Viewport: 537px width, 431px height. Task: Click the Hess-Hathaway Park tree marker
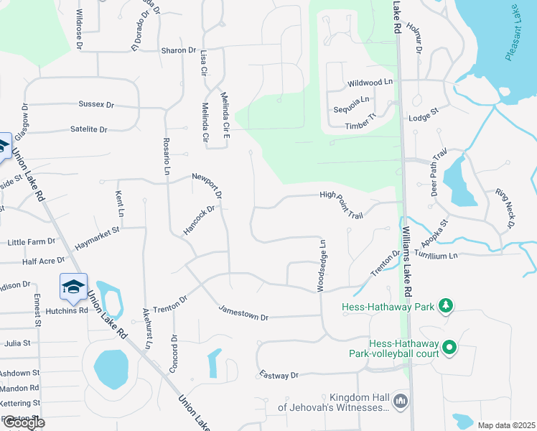coord(446,307)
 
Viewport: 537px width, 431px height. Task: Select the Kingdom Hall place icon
coord(401,400)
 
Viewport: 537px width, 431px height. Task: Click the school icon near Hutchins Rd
coord(73,287)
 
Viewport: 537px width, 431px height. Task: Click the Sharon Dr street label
coord(179,50)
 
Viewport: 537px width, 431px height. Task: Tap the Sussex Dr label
coord(96,105)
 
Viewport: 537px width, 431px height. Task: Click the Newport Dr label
coord(207,186)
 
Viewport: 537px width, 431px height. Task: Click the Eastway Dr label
coord(279,376)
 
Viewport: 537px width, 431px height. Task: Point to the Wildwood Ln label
coord(370,83)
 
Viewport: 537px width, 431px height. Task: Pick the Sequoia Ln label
coord(351,99)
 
